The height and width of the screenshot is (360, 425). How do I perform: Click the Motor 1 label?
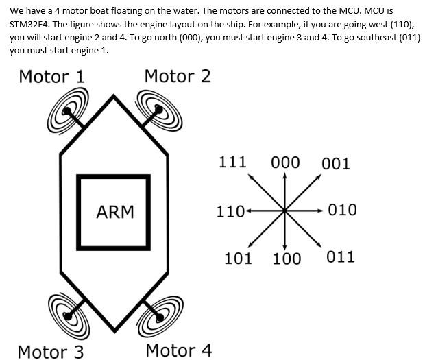pos(51,76)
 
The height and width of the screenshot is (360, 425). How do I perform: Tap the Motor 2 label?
pos(178,76)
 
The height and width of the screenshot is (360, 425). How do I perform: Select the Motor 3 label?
pos(50,352)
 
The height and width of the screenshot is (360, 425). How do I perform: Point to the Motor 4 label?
pos(179,350)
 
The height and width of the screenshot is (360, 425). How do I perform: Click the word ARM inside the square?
pos(115,212)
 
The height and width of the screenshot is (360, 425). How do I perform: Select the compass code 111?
pos(232,163)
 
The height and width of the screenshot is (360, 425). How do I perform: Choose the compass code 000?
pos(285,163)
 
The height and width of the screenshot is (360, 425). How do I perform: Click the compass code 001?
pos(335,164)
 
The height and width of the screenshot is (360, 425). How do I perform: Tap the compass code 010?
pos(342,210)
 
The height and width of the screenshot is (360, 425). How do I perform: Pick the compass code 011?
pos(341,257)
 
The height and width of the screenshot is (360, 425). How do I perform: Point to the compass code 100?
pos(287,259)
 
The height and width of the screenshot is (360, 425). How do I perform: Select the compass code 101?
pos(238,259)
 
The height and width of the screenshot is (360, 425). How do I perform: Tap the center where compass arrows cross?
pos(284,210)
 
